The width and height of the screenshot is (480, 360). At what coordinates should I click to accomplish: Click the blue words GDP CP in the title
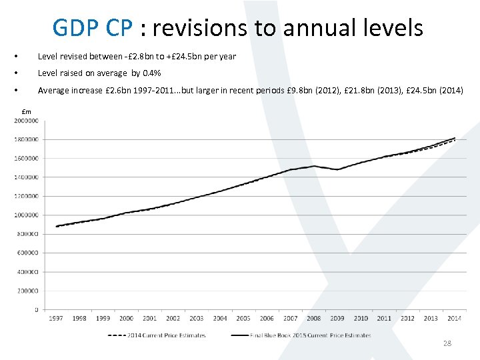click(94, 28)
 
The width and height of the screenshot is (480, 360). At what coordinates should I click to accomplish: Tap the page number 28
click(447, 343)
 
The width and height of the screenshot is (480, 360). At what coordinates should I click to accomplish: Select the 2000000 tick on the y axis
click(26, 121)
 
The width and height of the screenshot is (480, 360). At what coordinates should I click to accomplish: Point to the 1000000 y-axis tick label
click(26, 215)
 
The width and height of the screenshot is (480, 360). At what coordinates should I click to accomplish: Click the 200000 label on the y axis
click(28, 291)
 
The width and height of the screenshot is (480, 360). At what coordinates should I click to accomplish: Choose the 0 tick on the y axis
click(36, 310)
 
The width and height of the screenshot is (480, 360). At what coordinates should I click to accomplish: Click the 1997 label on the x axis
click(56, 319)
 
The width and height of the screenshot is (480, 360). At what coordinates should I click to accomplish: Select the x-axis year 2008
click(314, 319)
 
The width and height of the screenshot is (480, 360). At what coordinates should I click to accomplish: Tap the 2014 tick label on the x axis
click(455, 319)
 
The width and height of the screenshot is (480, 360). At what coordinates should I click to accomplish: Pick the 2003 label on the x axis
click(197, 319)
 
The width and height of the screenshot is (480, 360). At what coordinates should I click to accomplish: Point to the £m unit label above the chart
click(27, 111)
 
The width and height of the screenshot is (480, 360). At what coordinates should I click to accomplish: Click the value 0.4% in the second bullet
click(152, 73)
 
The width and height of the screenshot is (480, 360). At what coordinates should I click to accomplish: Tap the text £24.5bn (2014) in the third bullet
click(435, 90)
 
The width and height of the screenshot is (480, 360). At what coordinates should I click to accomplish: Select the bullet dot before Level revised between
click(24, 57)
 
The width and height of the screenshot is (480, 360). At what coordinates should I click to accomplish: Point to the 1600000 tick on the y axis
click(26, 159)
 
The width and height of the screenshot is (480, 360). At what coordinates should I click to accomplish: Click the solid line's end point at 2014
click(455, 138)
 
